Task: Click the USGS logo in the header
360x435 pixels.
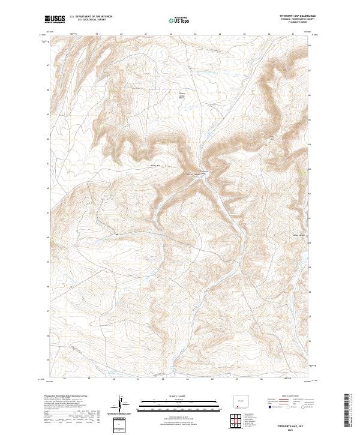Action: [x=55, y=20]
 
